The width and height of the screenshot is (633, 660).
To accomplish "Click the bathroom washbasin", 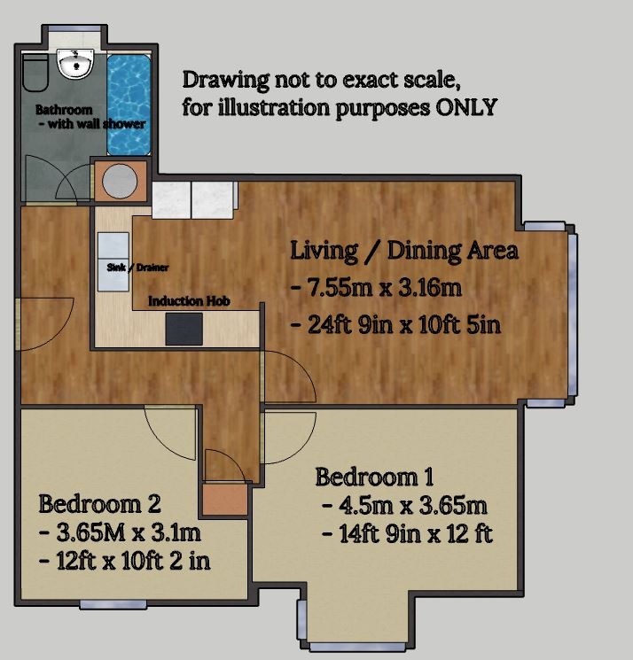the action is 75,64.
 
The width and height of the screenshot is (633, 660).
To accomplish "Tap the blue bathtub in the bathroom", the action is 129,105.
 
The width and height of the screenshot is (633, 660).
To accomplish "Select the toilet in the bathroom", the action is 35,72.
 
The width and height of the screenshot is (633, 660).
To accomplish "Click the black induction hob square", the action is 184,329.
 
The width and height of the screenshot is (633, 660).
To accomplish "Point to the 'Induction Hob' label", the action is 189,301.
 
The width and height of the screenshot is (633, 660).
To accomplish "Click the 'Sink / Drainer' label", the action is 137,268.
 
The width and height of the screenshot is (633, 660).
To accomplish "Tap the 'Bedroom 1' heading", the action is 374,478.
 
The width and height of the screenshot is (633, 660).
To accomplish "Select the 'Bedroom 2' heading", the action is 99,504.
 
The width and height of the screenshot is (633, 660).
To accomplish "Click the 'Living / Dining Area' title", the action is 404,252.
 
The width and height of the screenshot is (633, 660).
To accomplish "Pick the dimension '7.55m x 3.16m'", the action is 377,288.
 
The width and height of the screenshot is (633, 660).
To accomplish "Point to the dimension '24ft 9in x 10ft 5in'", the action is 396,324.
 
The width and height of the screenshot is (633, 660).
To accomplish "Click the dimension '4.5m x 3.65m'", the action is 405,506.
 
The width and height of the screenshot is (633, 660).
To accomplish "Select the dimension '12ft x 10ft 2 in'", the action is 125,561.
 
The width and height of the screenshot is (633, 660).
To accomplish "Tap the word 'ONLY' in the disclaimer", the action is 466,107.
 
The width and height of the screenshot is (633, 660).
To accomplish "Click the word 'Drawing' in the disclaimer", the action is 225,80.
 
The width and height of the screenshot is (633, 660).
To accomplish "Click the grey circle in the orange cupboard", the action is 120,182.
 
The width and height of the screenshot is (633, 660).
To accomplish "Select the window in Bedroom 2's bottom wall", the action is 113,605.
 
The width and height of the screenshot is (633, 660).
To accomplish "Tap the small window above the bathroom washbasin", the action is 74,28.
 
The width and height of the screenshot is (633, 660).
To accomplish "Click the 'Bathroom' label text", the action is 64,110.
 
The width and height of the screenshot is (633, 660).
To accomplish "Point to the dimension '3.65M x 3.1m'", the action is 120,533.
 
